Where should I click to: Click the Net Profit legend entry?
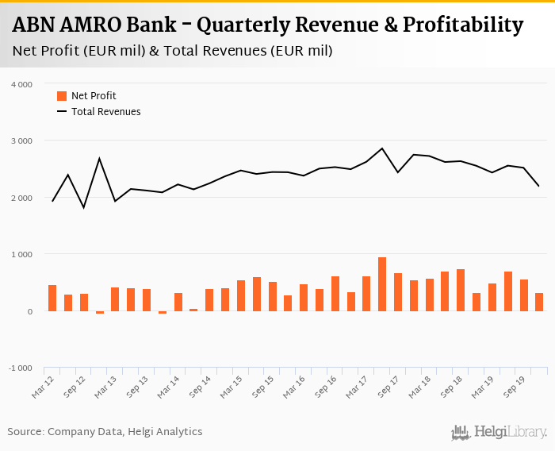tap(94, 96)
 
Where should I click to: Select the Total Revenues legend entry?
tap(105, 112)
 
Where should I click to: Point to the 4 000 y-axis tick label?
tap(21, 84)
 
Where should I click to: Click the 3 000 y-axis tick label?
tap(21, 141)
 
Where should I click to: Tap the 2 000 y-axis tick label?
tap(21, 198)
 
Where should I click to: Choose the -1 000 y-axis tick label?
tap(20, 368)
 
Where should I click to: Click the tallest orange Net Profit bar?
tap(382, 284)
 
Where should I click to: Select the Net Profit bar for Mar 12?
tap(52, 298)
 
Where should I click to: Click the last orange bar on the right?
tap(539, 302)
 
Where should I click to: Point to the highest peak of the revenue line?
tap(382, 148)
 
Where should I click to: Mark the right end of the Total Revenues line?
tap(539, 186)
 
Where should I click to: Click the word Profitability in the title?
tap(463, 26)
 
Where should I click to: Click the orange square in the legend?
tap(62, 96)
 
